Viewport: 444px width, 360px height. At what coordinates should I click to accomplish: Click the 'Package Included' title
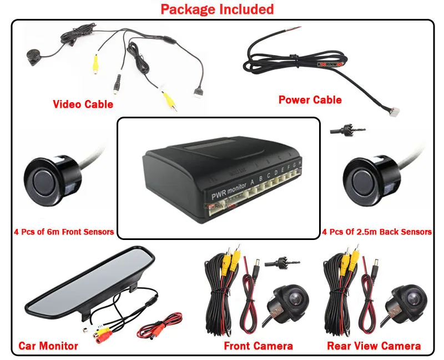[217, 9]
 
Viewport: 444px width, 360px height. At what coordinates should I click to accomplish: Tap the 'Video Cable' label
[83, 104]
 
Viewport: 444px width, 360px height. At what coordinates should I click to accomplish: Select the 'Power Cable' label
[310, 100]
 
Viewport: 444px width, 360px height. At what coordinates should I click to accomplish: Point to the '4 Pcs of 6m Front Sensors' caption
[63, 232]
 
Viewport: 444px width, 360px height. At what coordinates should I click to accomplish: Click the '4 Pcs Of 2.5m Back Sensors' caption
[376, 232]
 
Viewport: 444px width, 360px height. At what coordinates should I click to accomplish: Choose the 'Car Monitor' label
[48, 346]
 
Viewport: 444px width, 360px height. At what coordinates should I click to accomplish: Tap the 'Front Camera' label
[258, 346]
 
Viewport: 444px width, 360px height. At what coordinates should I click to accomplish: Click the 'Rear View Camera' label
[374, 346]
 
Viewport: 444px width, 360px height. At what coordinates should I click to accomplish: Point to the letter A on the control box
[253, 181]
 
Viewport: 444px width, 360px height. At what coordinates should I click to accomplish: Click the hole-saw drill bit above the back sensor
[340, 129]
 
